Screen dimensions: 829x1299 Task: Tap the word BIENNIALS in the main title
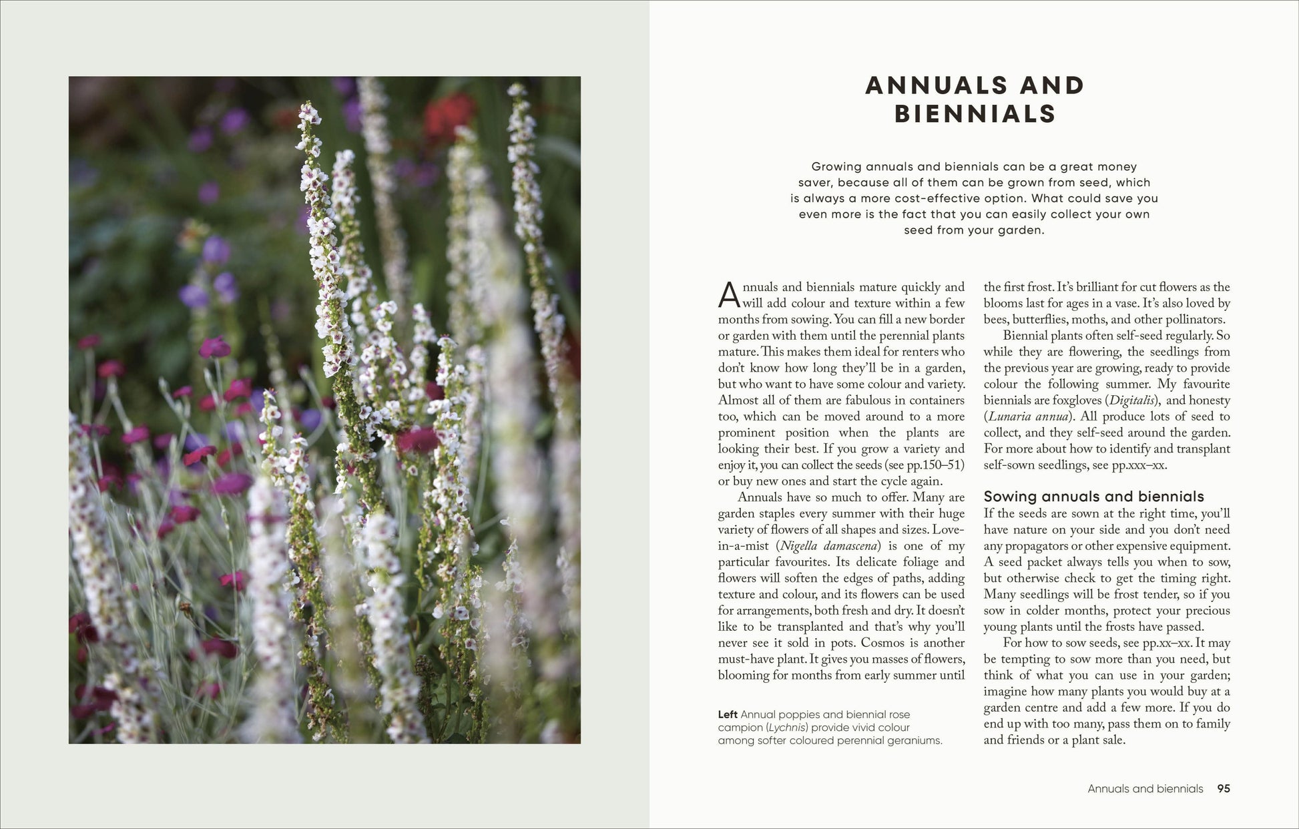click(975, 114)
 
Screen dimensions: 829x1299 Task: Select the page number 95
click(1223, 788)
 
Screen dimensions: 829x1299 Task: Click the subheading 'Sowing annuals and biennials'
click(1093, 497)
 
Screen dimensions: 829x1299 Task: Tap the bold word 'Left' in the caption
click(728, 715)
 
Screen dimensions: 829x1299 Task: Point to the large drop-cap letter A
click(729, 295)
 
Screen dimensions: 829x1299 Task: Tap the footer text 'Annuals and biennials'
click(1145, 788)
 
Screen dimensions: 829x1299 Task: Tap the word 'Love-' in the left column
click(948, 530)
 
